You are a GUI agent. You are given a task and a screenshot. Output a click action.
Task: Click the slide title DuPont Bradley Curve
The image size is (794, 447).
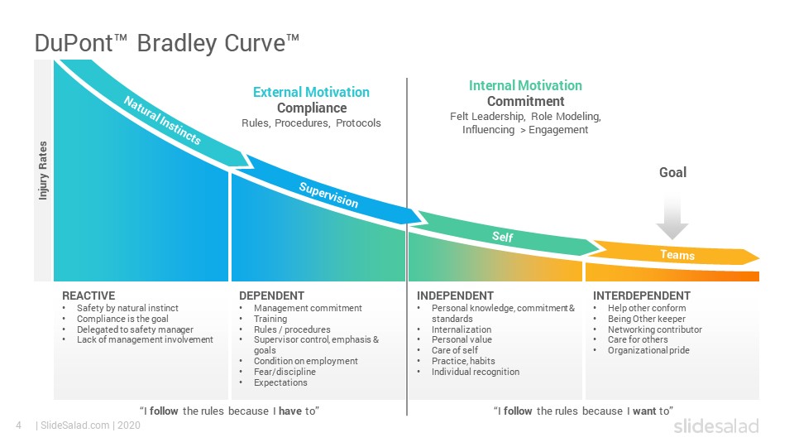pos(167,43)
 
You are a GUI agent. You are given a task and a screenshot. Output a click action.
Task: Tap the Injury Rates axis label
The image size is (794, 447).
pos(43,171)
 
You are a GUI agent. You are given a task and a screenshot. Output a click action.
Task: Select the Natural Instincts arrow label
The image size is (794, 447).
pos(163,120)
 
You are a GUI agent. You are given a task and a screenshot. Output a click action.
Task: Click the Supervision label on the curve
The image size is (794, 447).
pos(328,195)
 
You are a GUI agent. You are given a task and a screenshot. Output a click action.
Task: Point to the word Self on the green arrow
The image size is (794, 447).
pos(502,237)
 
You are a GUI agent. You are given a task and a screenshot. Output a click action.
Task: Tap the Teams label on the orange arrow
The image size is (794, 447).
pos(677,255)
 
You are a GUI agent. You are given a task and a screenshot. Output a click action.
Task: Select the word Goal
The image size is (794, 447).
pos(672,172)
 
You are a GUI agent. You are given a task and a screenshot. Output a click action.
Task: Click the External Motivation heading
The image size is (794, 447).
pos(311,92)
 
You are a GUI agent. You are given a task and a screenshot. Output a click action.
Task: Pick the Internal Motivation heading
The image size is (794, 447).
pos(525,85)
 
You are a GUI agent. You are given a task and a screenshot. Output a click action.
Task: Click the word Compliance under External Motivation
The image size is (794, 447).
pos(312,108)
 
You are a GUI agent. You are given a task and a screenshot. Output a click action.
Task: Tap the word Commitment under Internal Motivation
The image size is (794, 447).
pos(526,101)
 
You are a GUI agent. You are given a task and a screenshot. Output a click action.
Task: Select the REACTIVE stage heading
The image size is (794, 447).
pos(88,296)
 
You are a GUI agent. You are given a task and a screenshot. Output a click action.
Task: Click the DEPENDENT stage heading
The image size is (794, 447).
pos(271,296)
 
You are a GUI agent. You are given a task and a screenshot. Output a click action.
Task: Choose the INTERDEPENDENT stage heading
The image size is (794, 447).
pos(642,296)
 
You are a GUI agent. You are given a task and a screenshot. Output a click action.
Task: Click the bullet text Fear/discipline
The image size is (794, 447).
pos(285,372)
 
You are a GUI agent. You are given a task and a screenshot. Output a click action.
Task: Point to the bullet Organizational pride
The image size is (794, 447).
pos(648,350)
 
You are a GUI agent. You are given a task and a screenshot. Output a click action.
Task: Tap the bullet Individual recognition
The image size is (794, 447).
pos(476,372)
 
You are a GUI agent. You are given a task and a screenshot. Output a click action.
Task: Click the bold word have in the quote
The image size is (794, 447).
pos(290,411)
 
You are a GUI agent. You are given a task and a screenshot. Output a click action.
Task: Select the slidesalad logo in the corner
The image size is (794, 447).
pos(716,426)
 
